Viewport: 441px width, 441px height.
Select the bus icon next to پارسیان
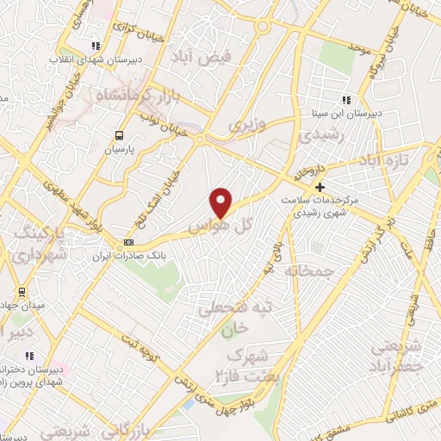pos(119,135)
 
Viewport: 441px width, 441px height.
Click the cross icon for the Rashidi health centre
pos(320,186)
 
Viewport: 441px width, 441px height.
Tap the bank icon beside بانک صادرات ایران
pos(128,243)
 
